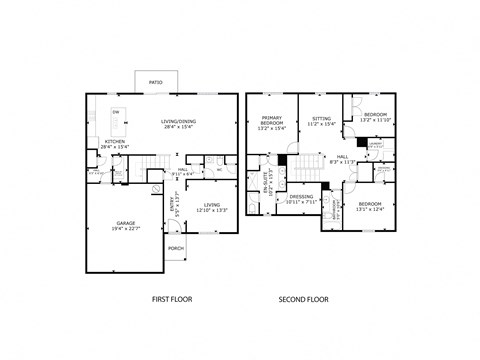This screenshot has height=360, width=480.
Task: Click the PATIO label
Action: click(156, 81)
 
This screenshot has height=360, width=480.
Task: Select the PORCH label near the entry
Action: click(176, 248)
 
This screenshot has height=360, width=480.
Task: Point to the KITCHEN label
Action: click(116, 144)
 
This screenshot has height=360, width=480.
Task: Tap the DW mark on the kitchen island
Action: click(116, 111)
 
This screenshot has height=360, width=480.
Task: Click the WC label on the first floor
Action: click(219, 167)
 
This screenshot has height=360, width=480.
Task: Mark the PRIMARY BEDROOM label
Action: click(272, 122)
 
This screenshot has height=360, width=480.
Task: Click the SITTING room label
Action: click(321, 122)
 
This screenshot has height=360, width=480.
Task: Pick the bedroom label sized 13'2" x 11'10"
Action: click(376, 116)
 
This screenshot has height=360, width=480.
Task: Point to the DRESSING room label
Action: click(301, 199)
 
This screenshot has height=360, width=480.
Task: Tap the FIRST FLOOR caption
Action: click(171, 299)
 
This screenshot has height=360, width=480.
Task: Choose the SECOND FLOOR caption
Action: click(304, 299)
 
